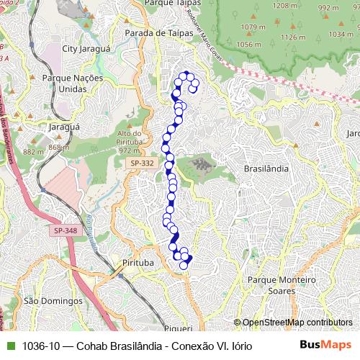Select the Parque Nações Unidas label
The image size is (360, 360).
click(73, 83)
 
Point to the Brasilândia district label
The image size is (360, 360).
click(266, 168)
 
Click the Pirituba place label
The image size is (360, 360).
click(138, 263)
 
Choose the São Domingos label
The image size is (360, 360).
click(43, 300)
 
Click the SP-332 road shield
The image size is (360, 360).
click(143, 164)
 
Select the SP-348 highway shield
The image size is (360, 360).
click(64, 230)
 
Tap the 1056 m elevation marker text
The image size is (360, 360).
click(248, 45)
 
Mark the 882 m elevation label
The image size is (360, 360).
click(33, 152)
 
